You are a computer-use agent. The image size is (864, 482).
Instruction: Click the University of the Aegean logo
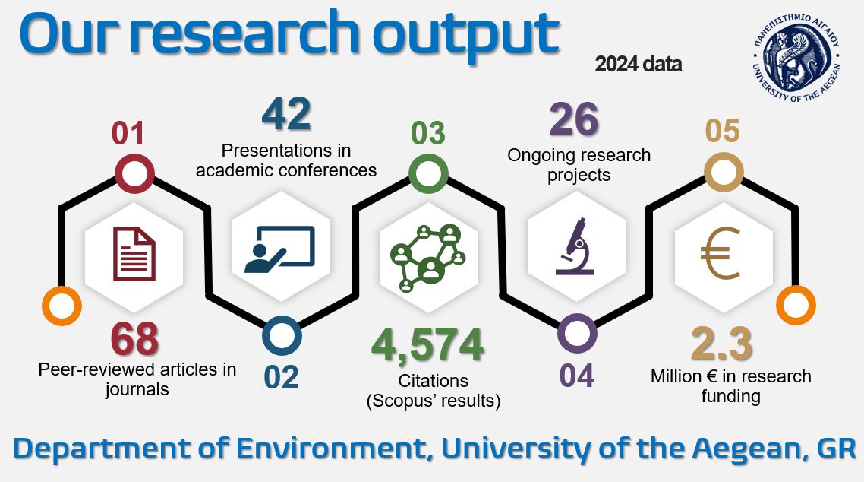(x=796, y=57)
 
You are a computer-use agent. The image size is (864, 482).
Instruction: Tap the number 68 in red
(x=134, y=339)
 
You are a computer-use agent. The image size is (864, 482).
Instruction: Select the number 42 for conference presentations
(x=286, y=114)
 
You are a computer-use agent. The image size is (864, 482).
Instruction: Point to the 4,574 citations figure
(x=427, y=345)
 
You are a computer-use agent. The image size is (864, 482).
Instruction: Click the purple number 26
(x=574, y=119)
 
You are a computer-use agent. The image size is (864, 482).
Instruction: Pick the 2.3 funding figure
(x=721, y=344)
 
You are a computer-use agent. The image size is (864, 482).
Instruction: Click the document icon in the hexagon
(x=134, y=254)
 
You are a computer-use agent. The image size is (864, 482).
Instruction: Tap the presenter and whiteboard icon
(x=280, y=249)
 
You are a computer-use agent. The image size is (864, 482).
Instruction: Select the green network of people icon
(x=427, y=258)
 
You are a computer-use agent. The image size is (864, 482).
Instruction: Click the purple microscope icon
(x=575, y=246)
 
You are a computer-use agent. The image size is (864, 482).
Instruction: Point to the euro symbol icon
(x=720, y=254)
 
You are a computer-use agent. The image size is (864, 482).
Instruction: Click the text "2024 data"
(x=638, y=65)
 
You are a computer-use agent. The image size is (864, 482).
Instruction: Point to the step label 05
(x=722, y=132)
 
